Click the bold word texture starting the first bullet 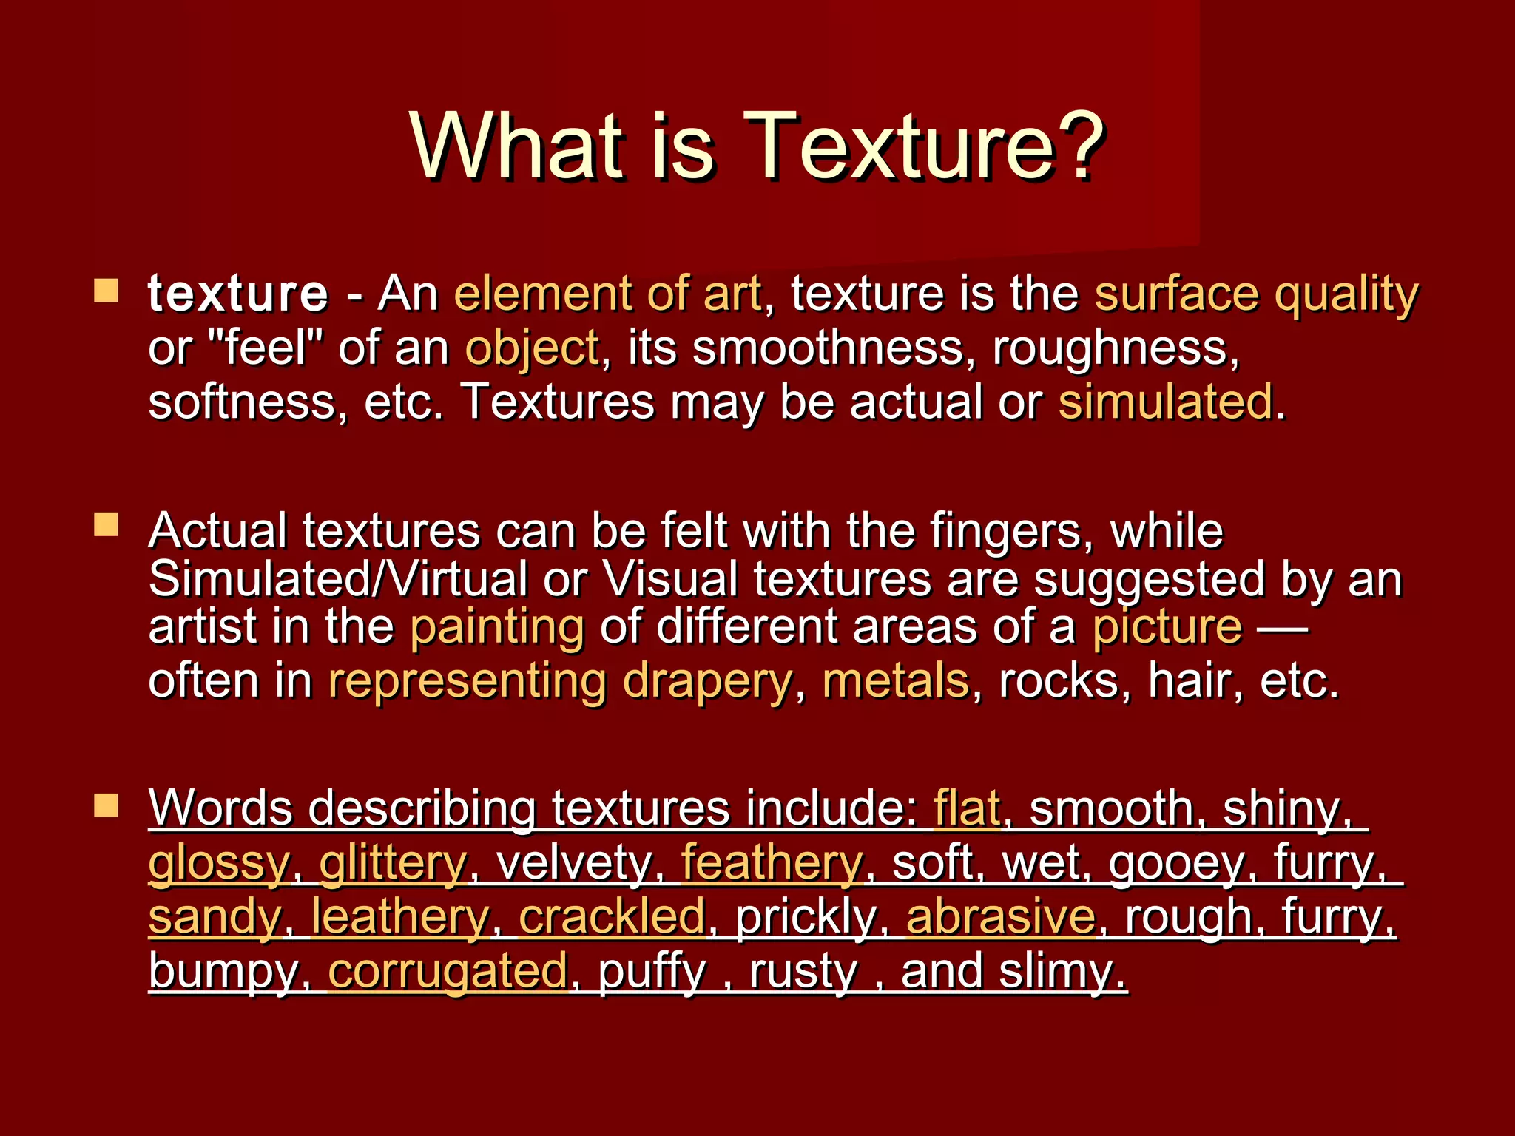pyautogui.click(x=237, y=294)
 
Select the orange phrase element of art pyautogui.click(x=607, y=294)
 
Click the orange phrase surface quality pyautogui.click(x=1256, y=295)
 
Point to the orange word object pyautogui.click(x=532, y=348)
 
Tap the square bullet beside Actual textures pyautogui.click(x=107, y=525)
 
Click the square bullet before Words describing pyautogui.click(x=107, y=806)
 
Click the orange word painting pyautogui.click(x=497, y=627)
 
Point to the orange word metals pyautogui.click(x=895, y=680)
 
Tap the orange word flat pyautogui.click(x=966, y=808)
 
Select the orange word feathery pyautogui.click(x=772, y=863)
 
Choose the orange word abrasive pyautogui.click(x=1000, y=917)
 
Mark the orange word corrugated pyautogui.click(x=448, y=971)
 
